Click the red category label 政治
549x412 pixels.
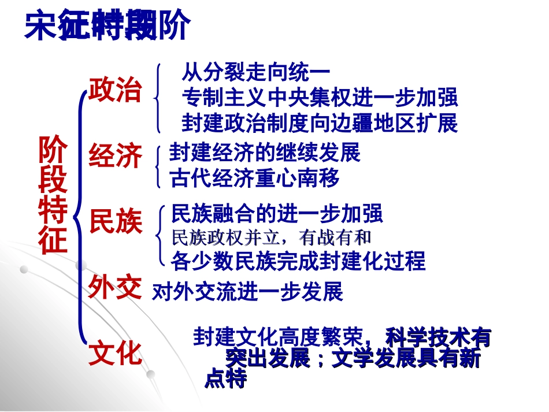click(115, 91)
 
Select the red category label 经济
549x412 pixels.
click(115, 157)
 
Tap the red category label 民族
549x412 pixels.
click(115, 222)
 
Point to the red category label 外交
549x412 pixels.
click(115, 287)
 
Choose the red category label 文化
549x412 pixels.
click(115, 354)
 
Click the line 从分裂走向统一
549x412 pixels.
click(255, 73)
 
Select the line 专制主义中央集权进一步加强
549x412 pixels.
click(320, 98)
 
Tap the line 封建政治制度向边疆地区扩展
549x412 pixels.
click(320, 123)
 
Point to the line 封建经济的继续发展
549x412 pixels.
click(265, 153)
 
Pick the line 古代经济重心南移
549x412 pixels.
click(255, 179)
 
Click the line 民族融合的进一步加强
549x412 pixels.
click(277, 214)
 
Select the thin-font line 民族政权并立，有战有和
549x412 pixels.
click(271, 237)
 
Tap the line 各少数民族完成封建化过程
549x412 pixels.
click(298, 261)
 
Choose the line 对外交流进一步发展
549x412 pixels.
click(247, 292)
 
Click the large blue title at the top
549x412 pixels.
click(107, 26)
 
